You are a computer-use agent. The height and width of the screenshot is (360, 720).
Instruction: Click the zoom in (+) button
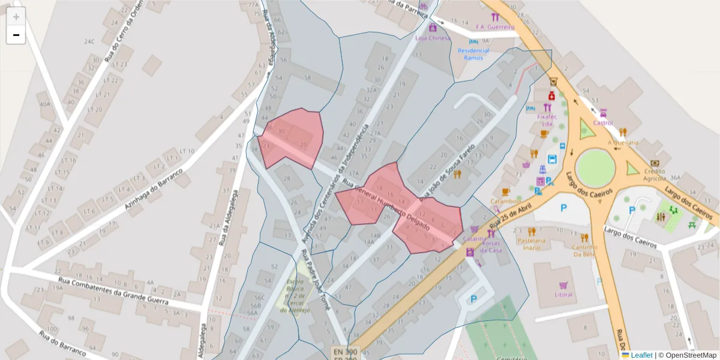(16, 17)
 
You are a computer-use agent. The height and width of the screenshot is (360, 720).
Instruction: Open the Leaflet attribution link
(641, 355)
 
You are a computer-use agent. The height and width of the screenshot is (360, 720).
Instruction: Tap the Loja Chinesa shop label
(432, 38)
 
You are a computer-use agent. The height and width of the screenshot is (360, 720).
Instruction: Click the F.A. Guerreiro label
(495, 27)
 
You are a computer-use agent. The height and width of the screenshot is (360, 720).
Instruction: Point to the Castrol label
(602, 123)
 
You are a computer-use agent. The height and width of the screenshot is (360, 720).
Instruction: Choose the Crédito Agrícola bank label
(655, 175)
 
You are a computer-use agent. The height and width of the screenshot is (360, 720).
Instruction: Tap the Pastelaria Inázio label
(531, 244)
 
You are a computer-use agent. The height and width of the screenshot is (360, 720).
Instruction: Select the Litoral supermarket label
(563, 295)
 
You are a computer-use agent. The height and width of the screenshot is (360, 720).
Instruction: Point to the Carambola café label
(505, 201)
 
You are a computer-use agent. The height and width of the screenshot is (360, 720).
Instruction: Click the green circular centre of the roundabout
(595, 167)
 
